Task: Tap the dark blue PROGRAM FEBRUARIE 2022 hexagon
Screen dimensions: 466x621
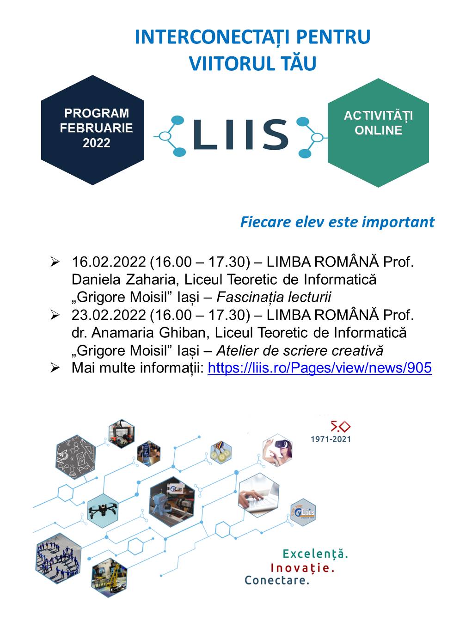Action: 93,130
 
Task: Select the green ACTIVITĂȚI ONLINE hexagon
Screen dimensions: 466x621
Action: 378,133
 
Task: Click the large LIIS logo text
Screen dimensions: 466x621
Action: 241,134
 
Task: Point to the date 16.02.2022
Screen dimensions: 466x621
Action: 109,262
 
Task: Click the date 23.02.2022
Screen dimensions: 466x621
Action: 109,315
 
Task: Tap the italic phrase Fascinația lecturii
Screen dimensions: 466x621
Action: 274,298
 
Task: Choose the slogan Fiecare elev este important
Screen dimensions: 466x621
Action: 337,222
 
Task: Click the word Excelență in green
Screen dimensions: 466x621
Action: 315,554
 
